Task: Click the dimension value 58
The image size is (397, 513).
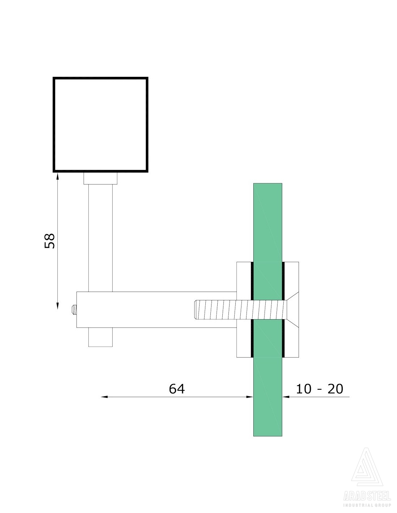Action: (49, 241)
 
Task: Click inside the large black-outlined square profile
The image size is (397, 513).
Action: (100, 124)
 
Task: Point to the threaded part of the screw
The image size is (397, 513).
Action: (240, 310)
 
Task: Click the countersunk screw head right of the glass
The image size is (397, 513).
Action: (292, 310)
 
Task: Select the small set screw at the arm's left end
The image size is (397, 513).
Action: (74, 310)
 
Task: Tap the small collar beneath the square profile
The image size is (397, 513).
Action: (100, 178)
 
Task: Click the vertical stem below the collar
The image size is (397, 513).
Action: (100, 238)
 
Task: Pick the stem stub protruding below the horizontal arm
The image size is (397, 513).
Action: (100, 337)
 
